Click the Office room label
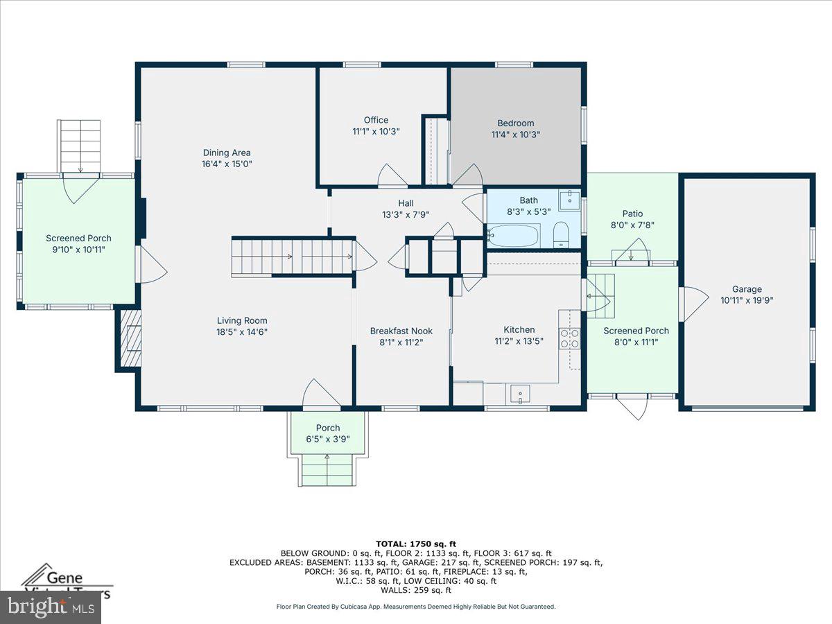(376, 120)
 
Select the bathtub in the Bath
(514, 236)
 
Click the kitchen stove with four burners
(569, 338)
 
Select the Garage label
(747, 289)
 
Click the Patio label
(632, 214)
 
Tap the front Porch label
(327, 428)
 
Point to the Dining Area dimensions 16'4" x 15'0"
(227, 164)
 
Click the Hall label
(406, 202)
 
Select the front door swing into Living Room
(320, 394)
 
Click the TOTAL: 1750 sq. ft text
(416, 544)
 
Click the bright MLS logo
(50, 607)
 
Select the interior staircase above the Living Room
(293, 257)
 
